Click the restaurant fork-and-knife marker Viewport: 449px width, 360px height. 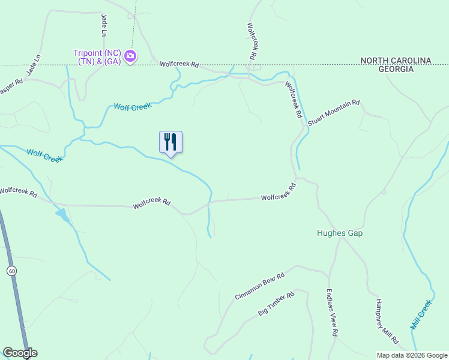[170, 142]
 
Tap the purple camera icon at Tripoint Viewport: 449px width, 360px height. [130, 57]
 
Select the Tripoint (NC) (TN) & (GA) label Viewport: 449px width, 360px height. [98, 57]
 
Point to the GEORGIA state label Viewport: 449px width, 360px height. [396, 69]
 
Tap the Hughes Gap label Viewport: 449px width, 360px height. [340, 233]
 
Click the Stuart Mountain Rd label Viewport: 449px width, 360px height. [334, 112]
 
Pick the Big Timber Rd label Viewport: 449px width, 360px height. [276, 304]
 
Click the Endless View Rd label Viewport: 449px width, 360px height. [333, 313]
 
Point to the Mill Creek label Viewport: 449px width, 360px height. [421, 314]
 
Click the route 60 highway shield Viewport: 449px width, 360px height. [11, 271]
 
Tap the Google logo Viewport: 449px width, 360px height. [20, 353]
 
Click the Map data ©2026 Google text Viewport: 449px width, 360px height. [412, 355]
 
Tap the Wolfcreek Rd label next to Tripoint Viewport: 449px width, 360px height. [179, 64]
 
